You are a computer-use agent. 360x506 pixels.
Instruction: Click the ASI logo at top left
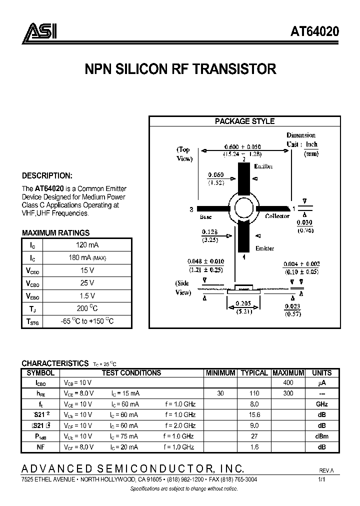(40, 31)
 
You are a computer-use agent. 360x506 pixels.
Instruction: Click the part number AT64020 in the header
(315, 32)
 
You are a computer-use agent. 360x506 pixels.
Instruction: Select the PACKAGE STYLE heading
(244, 121)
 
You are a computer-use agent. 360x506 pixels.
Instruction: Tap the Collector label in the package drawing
(277, 216)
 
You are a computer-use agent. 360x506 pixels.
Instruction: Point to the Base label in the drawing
(206, 216)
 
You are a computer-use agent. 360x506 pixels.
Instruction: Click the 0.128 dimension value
(210, 231)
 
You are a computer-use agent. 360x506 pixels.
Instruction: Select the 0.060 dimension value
(215, 175)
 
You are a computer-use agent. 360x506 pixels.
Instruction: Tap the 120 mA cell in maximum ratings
(87, 244)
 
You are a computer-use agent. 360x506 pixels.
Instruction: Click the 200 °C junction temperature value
(87, 308)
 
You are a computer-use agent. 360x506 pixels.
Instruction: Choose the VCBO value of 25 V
(87, 283)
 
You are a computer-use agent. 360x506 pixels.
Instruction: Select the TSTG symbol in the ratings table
(32, 321)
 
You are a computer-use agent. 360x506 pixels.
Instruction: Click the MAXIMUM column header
(288, 373)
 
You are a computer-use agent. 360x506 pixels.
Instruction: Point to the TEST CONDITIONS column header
(131, 373)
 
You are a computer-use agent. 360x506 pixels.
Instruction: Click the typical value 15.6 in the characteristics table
(254, 415)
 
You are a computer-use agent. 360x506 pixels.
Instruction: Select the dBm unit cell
(321, 436)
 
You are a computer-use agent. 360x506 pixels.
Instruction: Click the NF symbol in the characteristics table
(40, 446)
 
